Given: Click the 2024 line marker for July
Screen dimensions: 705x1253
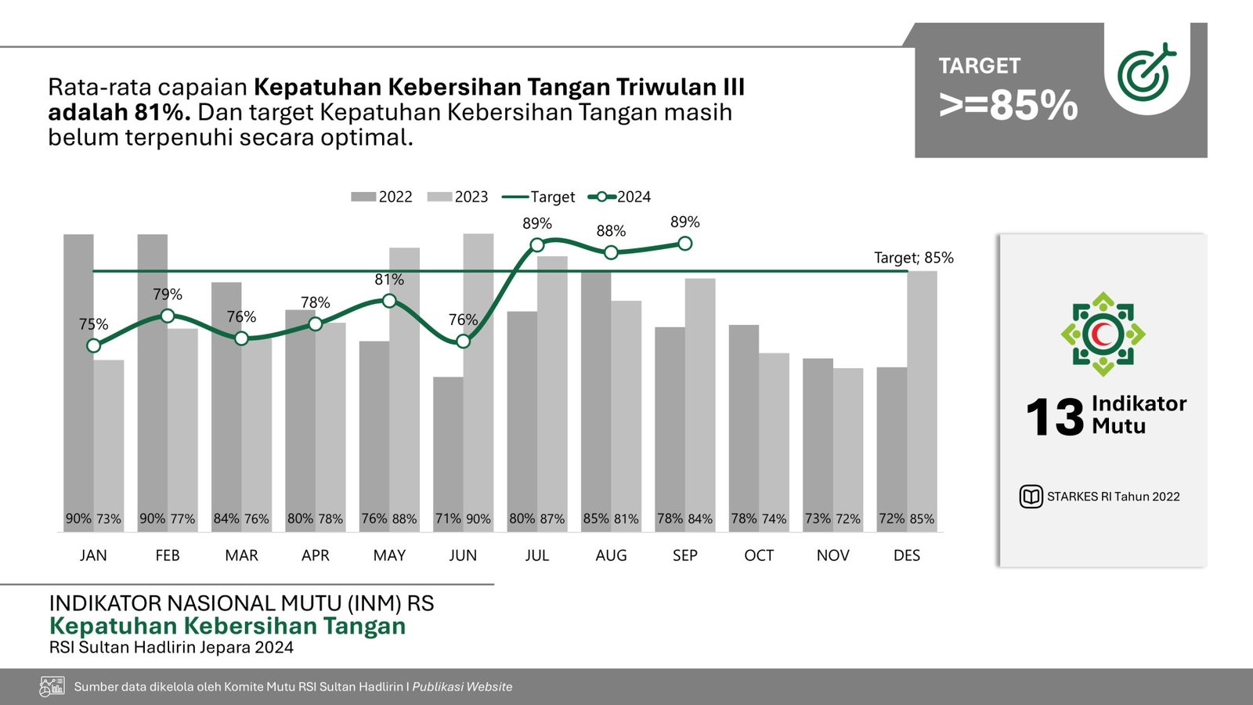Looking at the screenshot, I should (537, 245).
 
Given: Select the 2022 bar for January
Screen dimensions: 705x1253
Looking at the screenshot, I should (78, 376).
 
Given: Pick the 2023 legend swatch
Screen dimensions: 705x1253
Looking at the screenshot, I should (439, 197).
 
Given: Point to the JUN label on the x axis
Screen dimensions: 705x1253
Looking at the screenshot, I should (463, 555).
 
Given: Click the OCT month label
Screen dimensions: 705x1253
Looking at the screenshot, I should (759, 555).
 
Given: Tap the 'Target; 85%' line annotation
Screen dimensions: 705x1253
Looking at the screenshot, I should (913, 258).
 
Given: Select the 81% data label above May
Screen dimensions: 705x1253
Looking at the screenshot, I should (389, 280).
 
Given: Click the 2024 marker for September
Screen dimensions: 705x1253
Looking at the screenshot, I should (685, 244).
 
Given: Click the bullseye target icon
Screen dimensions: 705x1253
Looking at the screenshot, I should (1146, 73).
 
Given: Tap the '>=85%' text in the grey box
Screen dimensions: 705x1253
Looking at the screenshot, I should (1009, 106).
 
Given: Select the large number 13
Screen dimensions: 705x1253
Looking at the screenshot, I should (1055, 417).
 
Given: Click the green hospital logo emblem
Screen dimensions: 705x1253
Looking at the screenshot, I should (1103, 334).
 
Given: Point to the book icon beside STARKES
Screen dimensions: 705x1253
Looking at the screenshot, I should (1031, 497).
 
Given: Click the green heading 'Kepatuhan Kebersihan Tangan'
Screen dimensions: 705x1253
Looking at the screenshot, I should (227, 627).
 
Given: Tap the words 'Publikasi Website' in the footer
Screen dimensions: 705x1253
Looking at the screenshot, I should (462, 687).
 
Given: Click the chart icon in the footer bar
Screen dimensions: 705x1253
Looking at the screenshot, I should (52, 687).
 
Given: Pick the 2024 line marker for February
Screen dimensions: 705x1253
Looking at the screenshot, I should (168, 316).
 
